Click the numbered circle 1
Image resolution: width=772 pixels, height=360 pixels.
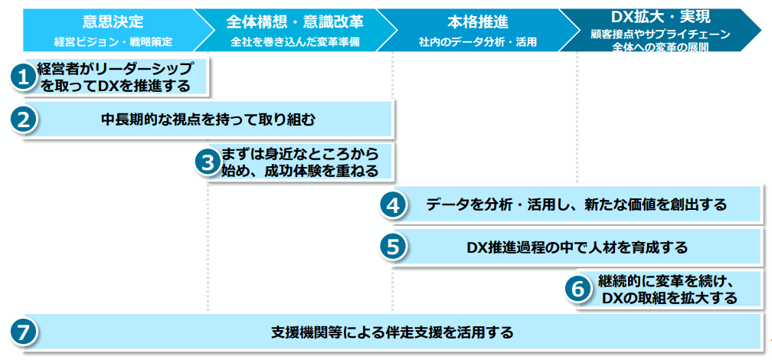tap(24, 77)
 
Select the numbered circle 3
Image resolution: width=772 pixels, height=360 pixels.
tap(207, 162)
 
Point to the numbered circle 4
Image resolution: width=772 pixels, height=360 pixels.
tap(393, 205)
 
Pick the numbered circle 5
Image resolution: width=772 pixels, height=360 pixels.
tap(393, 247)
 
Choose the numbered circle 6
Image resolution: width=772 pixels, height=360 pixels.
tap(577, 289)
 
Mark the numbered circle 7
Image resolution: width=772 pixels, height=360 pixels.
tap(24, 332)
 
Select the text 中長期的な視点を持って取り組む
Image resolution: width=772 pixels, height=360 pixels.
tap(208, 119)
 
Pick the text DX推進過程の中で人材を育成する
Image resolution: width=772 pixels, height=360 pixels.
tap(577, 247)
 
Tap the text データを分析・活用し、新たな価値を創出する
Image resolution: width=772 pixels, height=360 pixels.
tap(576, 205)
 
